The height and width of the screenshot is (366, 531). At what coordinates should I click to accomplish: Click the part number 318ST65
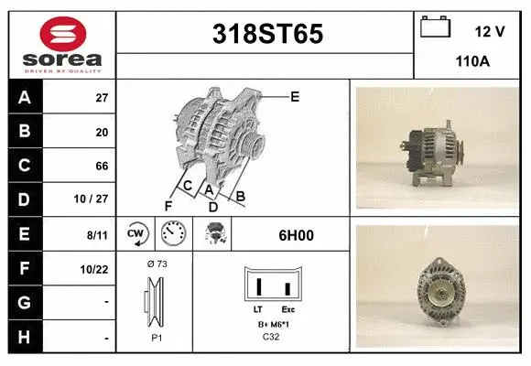pos(266,34)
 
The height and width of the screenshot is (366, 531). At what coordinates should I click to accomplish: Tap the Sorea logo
pos(62,44)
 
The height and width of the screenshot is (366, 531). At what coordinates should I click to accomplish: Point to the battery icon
pos(435,27)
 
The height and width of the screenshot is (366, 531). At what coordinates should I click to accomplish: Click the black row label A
pos(25,98)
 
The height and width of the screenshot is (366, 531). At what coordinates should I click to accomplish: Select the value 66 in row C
pos(102,167)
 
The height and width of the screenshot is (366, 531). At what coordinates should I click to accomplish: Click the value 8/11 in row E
pos(97,235)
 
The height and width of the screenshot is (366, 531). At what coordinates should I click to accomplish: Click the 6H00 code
pos(296,235)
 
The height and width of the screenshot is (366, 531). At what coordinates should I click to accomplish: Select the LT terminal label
pos(257,311)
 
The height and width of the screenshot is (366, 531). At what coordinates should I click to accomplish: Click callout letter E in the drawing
pos(295,96)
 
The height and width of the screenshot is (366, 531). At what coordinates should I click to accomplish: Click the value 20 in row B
pos(102,133)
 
